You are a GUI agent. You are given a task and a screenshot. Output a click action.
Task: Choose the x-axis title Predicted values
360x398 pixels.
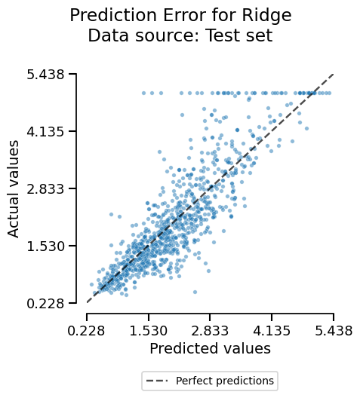tap(210, 349)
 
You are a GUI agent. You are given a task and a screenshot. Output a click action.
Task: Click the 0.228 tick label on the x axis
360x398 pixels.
tap(87, 330)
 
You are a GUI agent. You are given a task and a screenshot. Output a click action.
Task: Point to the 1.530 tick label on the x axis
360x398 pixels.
tap(149, 330)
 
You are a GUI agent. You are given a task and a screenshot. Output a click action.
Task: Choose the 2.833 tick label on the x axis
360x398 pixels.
tap(210, 330)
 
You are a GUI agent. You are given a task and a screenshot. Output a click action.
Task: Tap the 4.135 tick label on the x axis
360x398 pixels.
tap(272, 330)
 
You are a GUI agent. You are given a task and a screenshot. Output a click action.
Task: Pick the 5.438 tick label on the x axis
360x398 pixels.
tap(334, 330)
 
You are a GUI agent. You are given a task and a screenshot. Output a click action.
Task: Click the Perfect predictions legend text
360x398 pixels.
tap(225, 381)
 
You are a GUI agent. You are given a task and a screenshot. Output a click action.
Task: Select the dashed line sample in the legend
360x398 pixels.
tap(158, 381)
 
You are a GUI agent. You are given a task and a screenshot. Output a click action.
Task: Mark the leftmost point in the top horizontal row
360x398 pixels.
tap(143, 93)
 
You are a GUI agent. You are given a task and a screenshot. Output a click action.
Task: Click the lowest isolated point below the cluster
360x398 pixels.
tap(195, 292)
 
